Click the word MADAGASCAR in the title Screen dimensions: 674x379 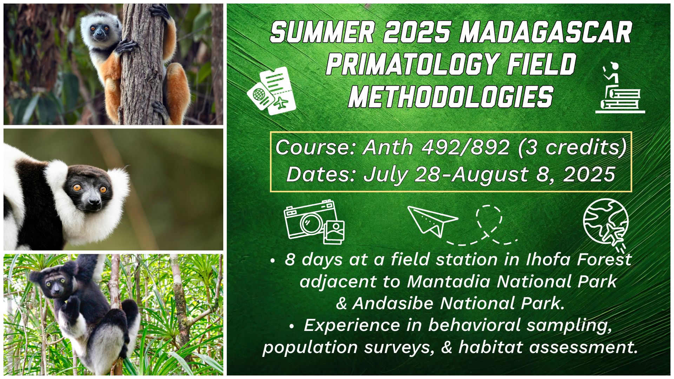click(546, 32)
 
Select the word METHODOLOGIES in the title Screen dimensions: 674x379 click(451, 97)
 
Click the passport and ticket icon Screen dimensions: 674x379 click(271, 91)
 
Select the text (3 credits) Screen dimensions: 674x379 click(572, 147)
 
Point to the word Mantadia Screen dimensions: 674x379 click(449, 281)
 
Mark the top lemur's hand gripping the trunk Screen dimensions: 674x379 click(126, 47)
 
